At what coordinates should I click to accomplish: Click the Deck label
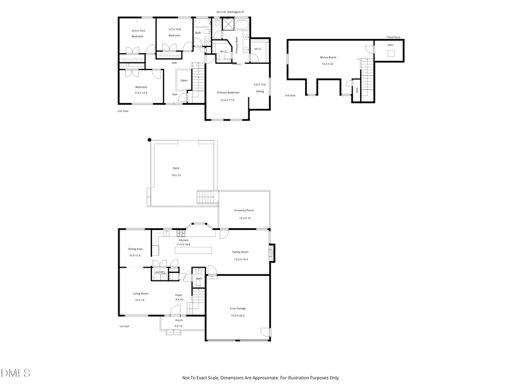[x=176, y=168]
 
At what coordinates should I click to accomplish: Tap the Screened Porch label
[x=244, y=210]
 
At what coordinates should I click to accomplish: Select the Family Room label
[x=240, y=252]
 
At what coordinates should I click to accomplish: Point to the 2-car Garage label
[x=238, y=308]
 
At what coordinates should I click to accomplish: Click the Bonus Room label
[x=328, y=57]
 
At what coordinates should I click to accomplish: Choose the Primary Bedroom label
[x=228, y=92]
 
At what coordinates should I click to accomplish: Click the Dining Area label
[x=135, y=249]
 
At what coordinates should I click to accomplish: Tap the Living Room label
[x=140, y=293]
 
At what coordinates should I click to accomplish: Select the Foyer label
[x=179, y=295]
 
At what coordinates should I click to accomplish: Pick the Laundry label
[x=159, y=272]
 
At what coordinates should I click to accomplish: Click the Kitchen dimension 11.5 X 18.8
[x=183, y=244]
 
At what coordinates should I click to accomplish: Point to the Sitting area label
[x=260, y=92]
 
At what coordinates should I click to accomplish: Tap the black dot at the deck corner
[x=150, y=140]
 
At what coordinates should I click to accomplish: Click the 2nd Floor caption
[x=123, y=110]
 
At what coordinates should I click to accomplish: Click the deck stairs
[x=206, y=197]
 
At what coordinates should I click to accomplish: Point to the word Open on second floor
[x=184, y=81]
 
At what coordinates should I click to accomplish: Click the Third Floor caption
[x=393, y=38]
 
